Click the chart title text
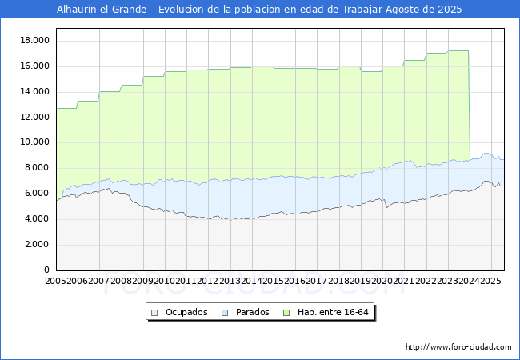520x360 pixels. coord(259,10)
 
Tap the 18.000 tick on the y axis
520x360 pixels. coord(34,40)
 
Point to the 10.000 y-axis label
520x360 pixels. coord(34,142)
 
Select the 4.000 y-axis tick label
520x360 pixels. coord(37,218)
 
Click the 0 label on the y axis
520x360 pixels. coord(47,270)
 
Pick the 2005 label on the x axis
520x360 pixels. coord(56,282)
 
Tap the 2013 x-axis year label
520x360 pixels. coord(230,282)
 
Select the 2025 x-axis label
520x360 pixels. coord(491,282)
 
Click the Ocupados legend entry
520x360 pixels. coord(186,312)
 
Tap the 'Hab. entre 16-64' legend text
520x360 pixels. coord(341,312)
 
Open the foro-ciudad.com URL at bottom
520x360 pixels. coord(458,347)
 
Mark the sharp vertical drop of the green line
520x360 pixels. coord(469,104)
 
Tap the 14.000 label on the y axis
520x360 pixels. coord(34,91)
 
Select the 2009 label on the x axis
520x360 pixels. coord(143,282)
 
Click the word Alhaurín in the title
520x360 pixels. coord(78,10)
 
